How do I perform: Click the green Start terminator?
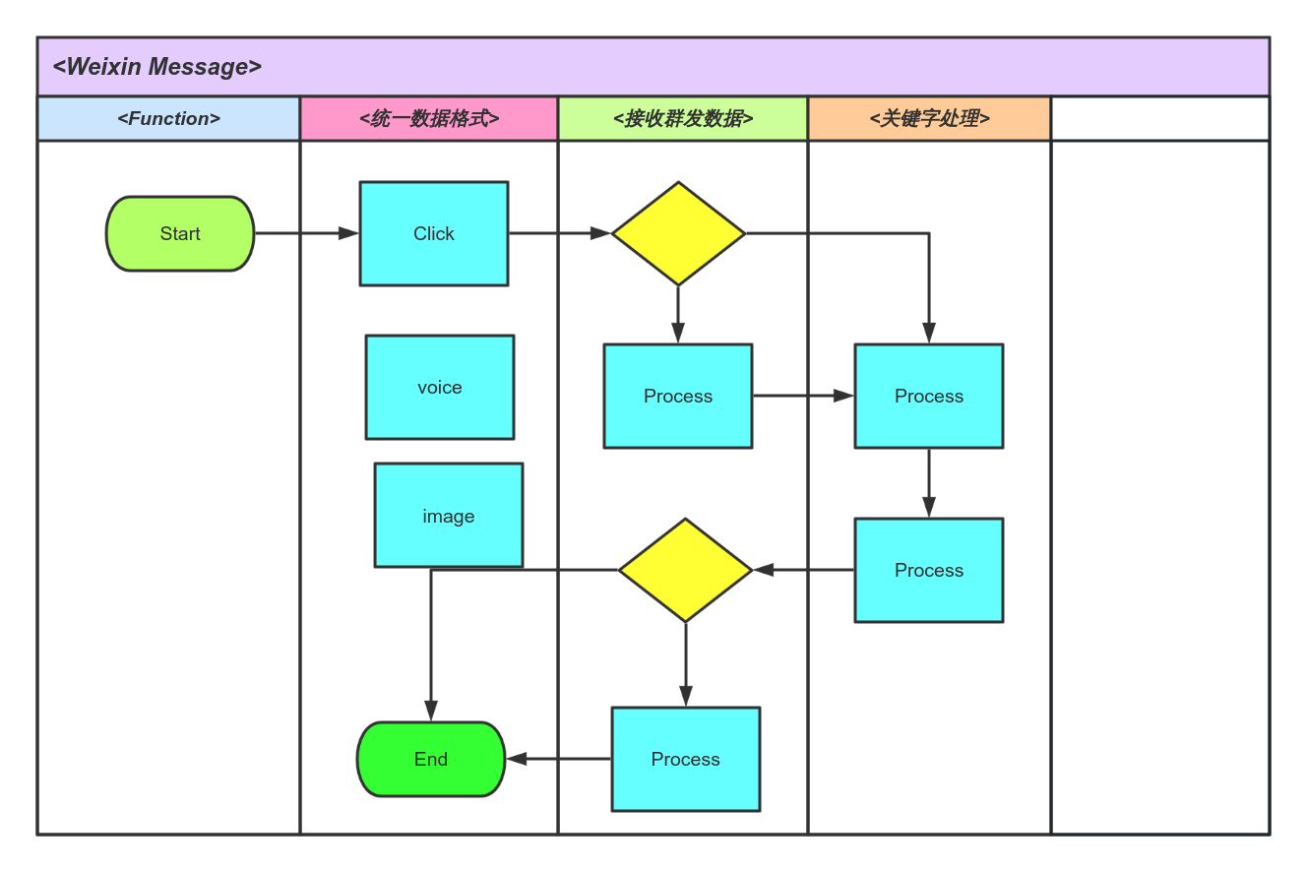pos(180,233)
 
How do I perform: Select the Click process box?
pos(434,233)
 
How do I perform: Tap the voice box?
pos(440,387)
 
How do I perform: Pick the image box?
pos(449,515)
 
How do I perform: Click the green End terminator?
pos(431,759)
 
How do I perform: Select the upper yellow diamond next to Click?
pos(678,233)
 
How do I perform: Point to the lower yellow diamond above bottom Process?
pos(685,570)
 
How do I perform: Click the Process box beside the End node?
pos(685,759)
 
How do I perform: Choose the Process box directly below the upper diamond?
pos(677,396)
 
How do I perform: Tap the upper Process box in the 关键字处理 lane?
pos(928,396)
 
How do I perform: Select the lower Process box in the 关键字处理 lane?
pos(928,570)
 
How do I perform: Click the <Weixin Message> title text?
pos(157,67)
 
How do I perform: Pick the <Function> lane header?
pos(168,118)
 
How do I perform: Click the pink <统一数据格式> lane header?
pos(429,118)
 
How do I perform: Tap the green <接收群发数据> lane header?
pos(683,118)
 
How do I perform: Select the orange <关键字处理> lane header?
pos(929,118)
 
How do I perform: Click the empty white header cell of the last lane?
pos(1160,118)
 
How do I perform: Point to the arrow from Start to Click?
pos(306,233)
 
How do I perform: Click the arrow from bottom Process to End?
pos(558,759)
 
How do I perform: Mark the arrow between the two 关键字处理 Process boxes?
pos(928,482)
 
